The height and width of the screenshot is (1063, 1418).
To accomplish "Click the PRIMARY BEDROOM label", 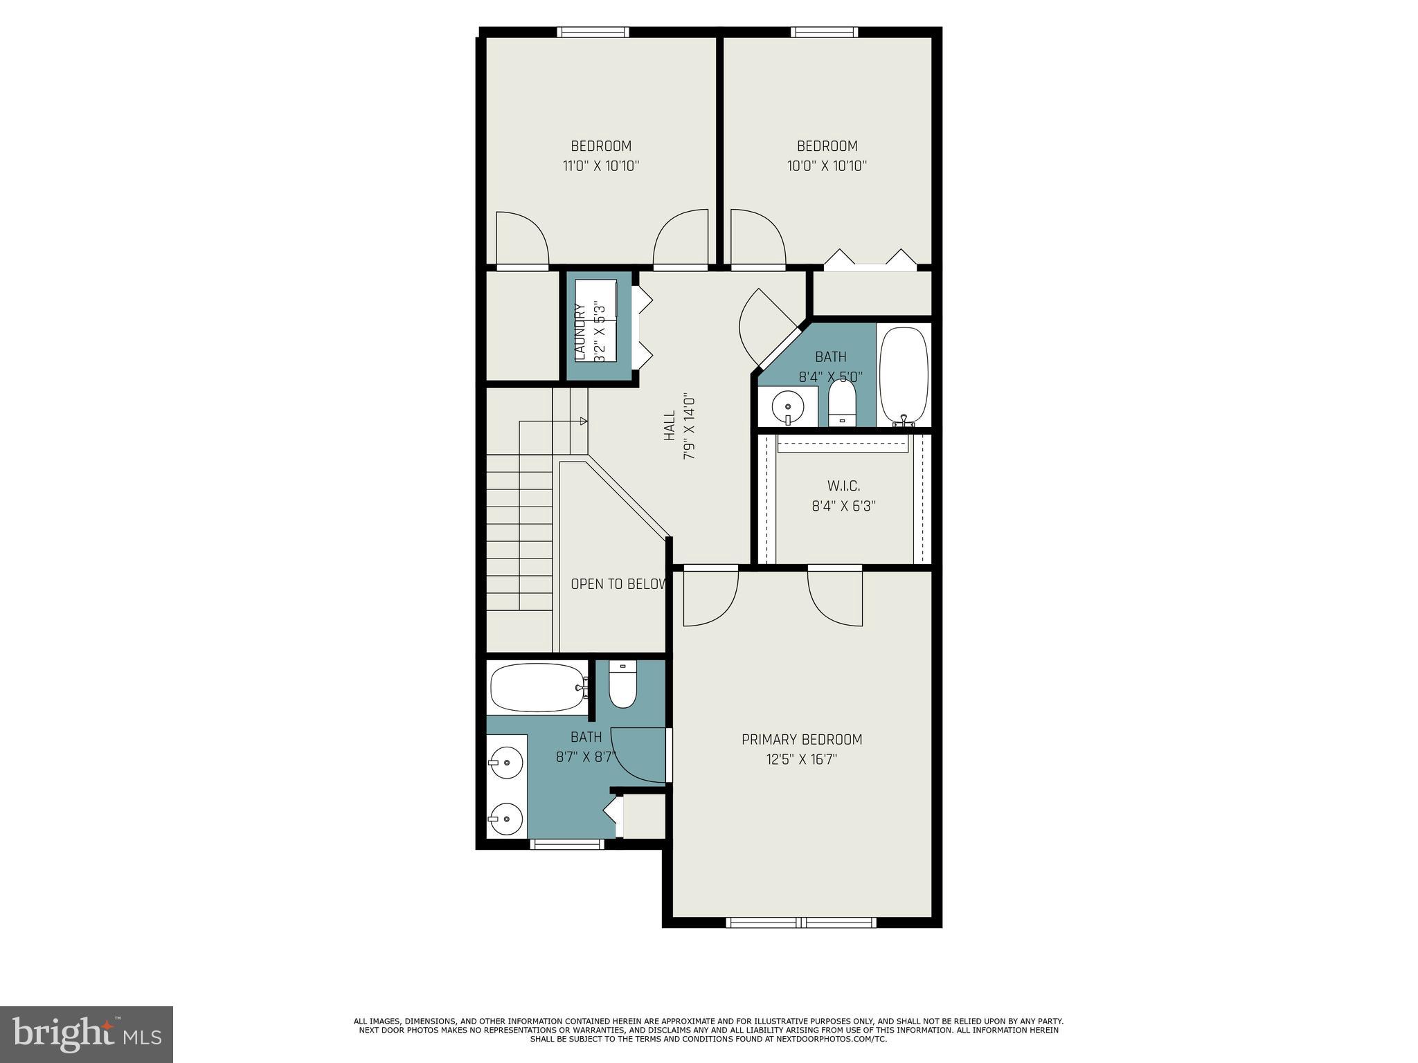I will [802, 739].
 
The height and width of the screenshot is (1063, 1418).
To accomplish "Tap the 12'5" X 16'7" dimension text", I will [802, 759].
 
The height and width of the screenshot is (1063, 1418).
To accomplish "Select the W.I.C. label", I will [843, 486].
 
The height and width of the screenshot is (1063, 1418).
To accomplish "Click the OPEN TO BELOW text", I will [618, 584].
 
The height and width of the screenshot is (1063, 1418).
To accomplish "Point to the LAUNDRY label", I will [581, 332].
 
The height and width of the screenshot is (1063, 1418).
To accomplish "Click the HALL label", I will [670, 426].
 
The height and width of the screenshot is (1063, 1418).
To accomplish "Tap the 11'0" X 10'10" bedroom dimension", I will [600, 166].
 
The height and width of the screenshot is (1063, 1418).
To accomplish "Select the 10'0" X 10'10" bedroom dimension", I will [827, 166].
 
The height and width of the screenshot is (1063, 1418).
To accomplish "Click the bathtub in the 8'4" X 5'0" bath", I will [904, 374].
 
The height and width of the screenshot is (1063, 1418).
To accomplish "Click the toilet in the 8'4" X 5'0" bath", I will [842, 405].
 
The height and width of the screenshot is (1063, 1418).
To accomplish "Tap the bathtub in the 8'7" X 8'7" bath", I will [537, 687].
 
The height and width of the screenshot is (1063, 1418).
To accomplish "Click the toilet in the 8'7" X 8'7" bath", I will [622, 685].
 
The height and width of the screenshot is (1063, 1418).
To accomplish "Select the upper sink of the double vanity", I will [506, 763].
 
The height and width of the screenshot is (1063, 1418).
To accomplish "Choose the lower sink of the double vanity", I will [506, 819].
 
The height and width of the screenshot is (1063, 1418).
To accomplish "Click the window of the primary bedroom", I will [801, 922].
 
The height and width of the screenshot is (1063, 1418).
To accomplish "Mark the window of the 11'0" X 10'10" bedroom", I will [593, 32].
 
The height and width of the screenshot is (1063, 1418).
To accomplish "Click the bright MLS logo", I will [87, 1034].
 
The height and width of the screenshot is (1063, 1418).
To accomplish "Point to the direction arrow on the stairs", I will [583, 421].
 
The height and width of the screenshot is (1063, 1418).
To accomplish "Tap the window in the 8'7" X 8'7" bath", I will [567, 844].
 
